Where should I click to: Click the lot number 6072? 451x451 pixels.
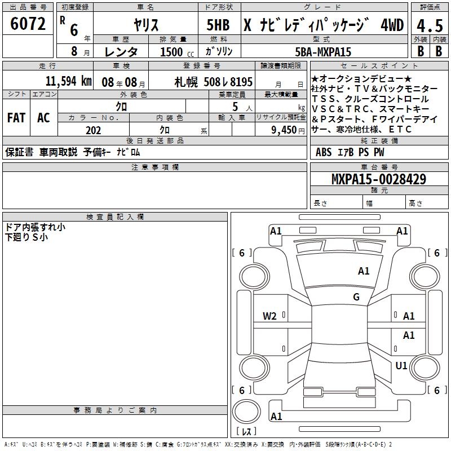coord(28,24)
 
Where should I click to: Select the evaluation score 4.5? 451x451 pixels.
coord(429,25)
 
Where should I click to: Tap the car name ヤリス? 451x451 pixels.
coord(145,24)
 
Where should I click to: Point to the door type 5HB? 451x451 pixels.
coord(218,25)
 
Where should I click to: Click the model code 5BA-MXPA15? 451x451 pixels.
coord(324,52)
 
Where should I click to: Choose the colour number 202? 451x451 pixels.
coord(93,130)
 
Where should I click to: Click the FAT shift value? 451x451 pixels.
coord(16,118)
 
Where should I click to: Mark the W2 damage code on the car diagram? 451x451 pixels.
coord(270,316)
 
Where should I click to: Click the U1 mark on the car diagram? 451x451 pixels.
coord(401,366)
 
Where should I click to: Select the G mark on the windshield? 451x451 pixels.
coord(356,297)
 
